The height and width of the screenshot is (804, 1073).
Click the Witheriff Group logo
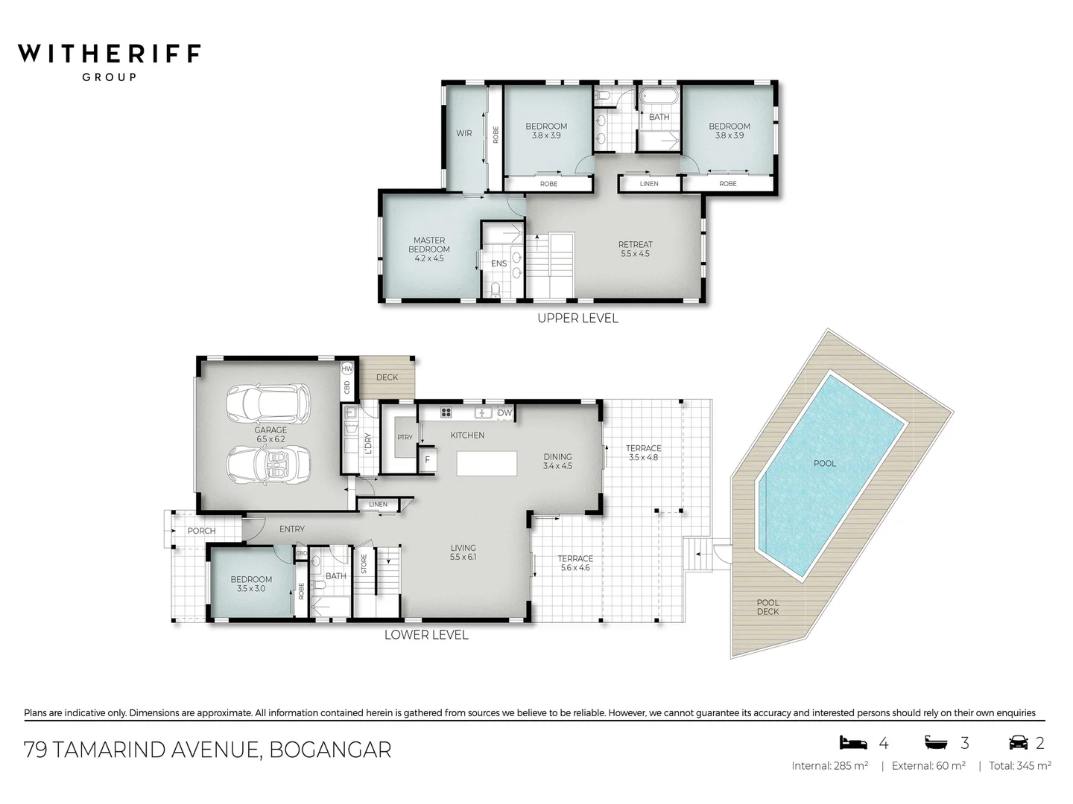click(x=109, y=60)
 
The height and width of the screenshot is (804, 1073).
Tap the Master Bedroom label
click(x=428, y=249)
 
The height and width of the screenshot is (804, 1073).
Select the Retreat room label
click(x=635, y=249)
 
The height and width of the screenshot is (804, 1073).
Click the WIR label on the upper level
click(x=463, y=134)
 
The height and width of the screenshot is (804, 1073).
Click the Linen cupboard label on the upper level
click(x=649, y=184)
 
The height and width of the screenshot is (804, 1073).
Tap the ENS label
click(x=498, y=264)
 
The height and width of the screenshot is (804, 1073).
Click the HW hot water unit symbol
click(x=347, y=368)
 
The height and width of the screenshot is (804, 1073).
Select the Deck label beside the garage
click(x=387, y=377)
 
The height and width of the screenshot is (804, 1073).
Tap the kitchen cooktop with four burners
click(x=446, y=412)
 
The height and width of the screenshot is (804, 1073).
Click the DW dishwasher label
click(x=504, y=413)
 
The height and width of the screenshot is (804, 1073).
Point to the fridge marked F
click(x=428, y=459)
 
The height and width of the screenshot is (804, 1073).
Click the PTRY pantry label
click(x=405, y=438)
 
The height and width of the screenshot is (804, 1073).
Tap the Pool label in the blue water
click(x=824, y=463)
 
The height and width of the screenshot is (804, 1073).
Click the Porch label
click(x=201, y=531)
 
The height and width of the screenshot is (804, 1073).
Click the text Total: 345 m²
click(x=1019, y=765)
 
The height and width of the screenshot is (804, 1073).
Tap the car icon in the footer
click(x=1017, y=742)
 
